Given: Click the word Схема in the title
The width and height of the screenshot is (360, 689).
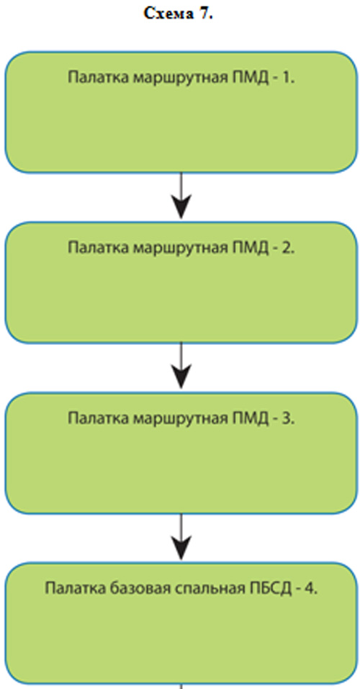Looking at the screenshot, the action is point(168,14).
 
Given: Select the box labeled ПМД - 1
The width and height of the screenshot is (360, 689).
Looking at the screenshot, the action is point(181,112).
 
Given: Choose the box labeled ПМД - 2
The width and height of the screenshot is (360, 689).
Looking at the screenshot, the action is point(181,282).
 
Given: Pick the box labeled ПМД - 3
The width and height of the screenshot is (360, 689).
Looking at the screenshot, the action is point(181,453).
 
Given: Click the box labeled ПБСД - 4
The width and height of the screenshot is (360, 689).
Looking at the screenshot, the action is point(181,623).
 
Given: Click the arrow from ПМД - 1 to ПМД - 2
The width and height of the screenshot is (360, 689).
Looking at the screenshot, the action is point(181,196).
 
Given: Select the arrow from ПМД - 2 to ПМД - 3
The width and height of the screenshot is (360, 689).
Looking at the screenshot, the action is point(181,366).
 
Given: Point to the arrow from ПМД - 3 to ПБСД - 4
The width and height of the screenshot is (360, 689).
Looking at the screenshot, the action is point(181,536).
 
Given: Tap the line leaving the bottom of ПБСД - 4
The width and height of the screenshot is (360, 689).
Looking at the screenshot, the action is point(181,686).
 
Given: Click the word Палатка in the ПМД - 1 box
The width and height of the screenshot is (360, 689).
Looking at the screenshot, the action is point(98,78).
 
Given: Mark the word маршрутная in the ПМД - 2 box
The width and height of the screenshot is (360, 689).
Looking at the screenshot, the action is point(180,248).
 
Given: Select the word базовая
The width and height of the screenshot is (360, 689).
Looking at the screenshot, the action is point(138,588).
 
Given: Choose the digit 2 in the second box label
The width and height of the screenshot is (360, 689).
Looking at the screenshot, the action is point(287,248).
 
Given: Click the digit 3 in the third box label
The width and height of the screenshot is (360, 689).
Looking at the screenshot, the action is point(287,418).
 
